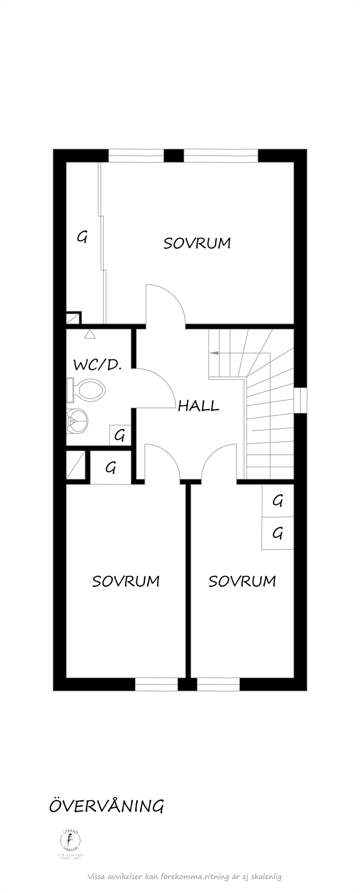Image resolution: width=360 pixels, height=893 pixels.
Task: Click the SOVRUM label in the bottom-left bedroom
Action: click(126, 581)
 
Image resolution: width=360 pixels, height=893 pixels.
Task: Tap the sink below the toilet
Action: click(77, 421)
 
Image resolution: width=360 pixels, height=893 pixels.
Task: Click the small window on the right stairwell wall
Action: click(300, 400)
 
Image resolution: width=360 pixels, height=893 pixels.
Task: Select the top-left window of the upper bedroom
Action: click(136, 156)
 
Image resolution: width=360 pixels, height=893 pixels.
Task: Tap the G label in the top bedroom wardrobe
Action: click(82, 237)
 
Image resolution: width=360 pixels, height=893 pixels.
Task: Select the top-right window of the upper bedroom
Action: click(220, 156)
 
